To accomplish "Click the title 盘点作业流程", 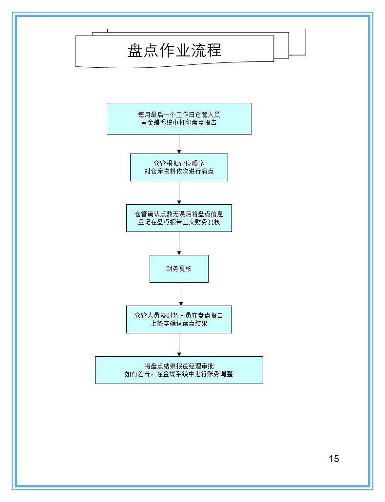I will tap(174, 50).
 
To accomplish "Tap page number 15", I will tap(334, 458).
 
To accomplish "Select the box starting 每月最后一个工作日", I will tap(179, 118).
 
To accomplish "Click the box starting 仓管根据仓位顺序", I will tap(179, 167).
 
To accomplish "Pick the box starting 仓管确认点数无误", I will tap(179, 218).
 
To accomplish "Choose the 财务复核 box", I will tap(179, 269).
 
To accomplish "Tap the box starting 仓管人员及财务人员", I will tap(179, 319).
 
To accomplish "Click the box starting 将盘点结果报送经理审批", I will tap(179, 370).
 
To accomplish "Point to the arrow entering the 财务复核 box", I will tap(179, 243).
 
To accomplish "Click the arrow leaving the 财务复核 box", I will tap(181, 294).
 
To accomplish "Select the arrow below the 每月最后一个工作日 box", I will tap(179, 144).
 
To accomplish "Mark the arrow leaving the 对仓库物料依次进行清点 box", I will tap(179, 193).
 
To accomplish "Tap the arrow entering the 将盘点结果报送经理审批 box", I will tap(179, 345).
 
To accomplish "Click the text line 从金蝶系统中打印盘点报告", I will tap(179, 123).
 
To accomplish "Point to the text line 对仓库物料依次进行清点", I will tap(179, 171).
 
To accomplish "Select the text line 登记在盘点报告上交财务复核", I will tap(179, 222).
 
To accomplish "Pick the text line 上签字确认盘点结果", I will tap(179, 323).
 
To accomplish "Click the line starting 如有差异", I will tap(179, 374).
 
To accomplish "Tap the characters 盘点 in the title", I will tap(142, 50).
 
